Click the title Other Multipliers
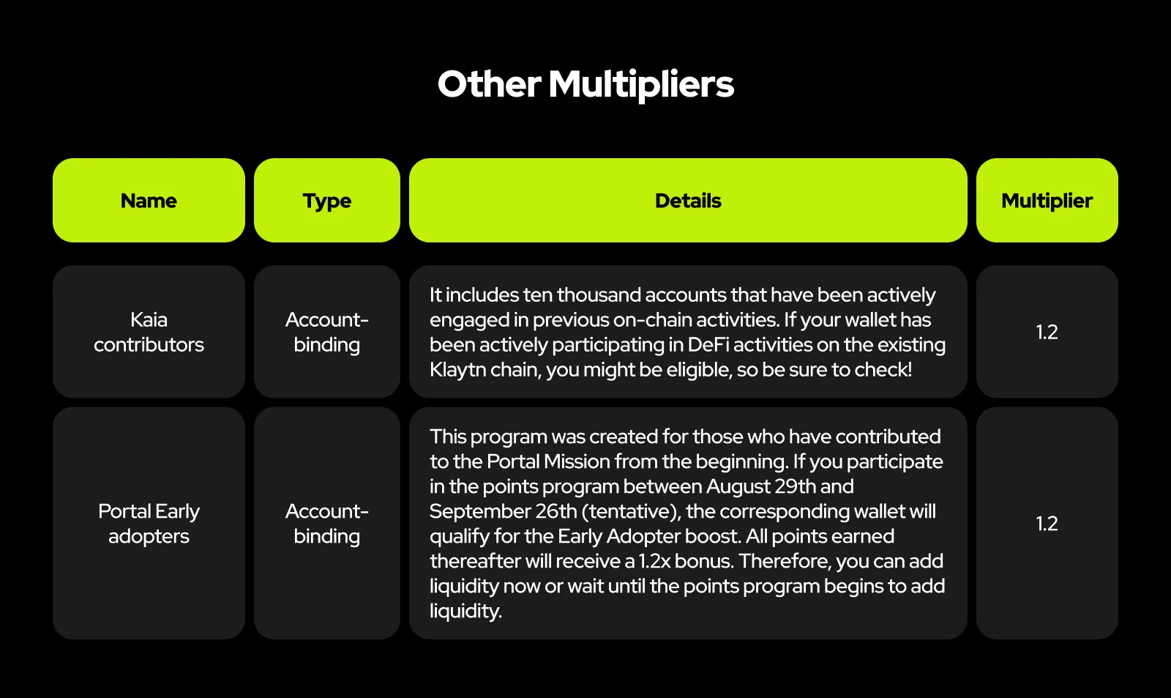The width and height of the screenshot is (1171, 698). tap(585, 84)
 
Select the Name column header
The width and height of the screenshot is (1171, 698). tap(149, 201)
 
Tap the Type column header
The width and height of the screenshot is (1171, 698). tap(327, 201)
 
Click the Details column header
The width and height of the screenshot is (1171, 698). tap(688, 201)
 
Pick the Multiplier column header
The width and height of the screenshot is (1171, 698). tap(1047, 201)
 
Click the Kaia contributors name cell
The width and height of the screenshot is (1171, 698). tap(149, 332)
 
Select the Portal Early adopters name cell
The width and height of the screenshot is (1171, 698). tap(149, 523)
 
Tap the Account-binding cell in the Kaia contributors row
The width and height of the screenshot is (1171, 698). tap(327, 332)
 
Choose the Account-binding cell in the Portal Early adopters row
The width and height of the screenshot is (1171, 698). tap(327, 523)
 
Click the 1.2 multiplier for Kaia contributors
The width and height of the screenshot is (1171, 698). tap(1047, 332)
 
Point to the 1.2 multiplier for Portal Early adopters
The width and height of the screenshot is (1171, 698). tap(1047, 523)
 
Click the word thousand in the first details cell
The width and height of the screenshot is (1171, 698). tap(599, 295)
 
